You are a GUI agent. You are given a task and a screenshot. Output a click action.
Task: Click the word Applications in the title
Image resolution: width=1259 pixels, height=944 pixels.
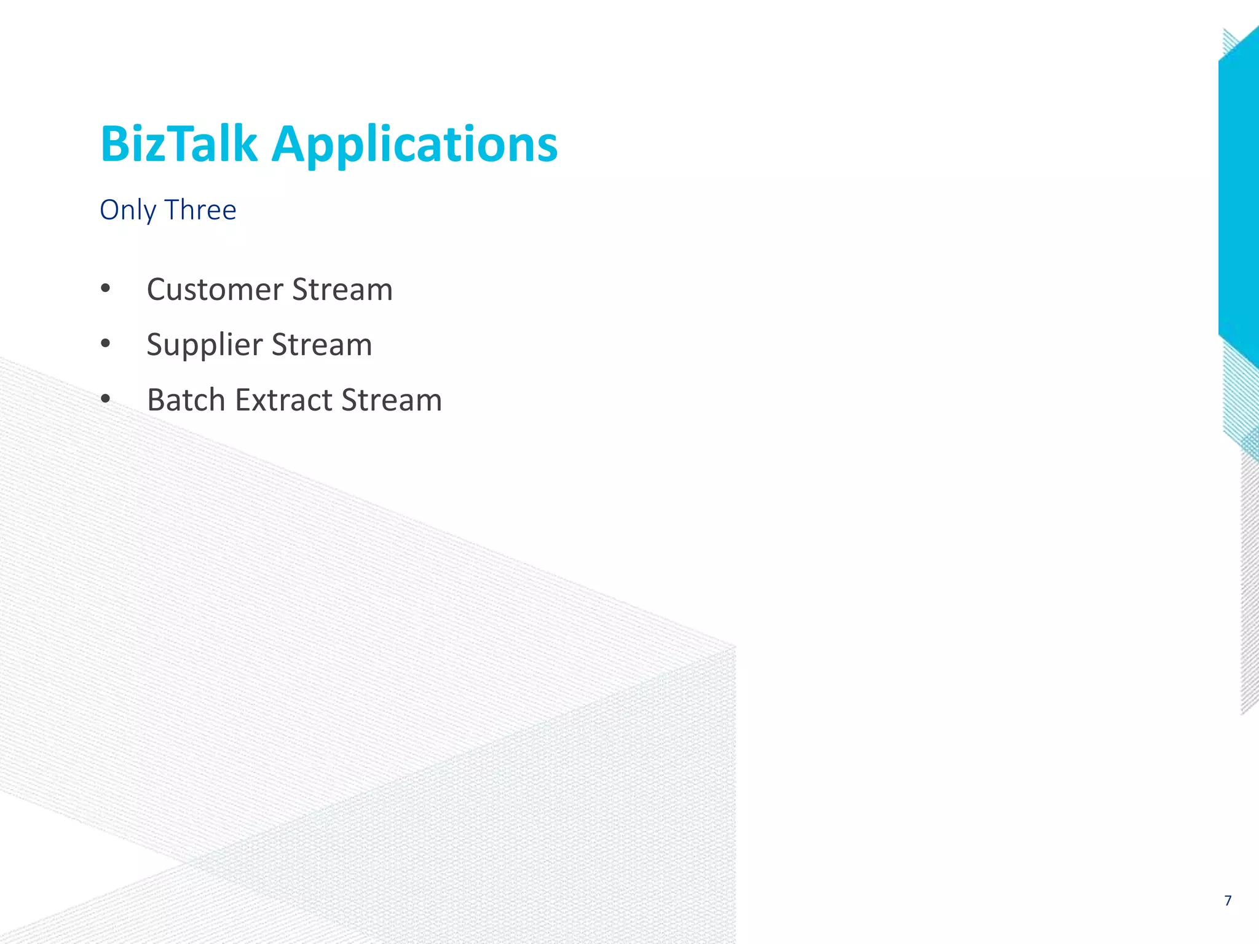coord(414,145)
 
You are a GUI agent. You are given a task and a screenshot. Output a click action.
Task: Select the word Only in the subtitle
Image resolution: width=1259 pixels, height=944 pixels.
coord(128,210)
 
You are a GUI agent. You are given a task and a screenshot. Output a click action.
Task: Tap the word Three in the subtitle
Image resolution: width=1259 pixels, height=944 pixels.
coord(200,210)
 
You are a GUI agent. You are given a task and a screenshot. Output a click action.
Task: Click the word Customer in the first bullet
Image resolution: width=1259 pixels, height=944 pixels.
coord(215,289)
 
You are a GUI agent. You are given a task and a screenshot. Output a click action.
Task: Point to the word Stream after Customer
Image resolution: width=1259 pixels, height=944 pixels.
coord(342,289)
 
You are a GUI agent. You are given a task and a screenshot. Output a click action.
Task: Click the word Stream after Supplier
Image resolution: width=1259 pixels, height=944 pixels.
coord(322,345)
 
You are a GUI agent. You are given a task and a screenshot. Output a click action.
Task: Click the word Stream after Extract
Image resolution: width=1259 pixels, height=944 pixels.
coord(392,400)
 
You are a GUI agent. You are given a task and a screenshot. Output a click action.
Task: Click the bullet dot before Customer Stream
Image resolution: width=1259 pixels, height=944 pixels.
coord(105,289)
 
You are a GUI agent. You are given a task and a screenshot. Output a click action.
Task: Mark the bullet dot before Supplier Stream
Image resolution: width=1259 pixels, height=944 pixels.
coord(105,344)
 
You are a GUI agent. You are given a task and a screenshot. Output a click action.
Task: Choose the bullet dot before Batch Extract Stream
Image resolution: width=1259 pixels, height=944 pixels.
coord(105,399)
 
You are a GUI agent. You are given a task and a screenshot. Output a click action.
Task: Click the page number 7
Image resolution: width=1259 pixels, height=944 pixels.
coord(1228,901)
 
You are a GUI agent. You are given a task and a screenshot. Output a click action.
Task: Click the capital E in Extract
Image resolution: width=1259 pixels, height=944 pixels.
coord(242,400)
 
